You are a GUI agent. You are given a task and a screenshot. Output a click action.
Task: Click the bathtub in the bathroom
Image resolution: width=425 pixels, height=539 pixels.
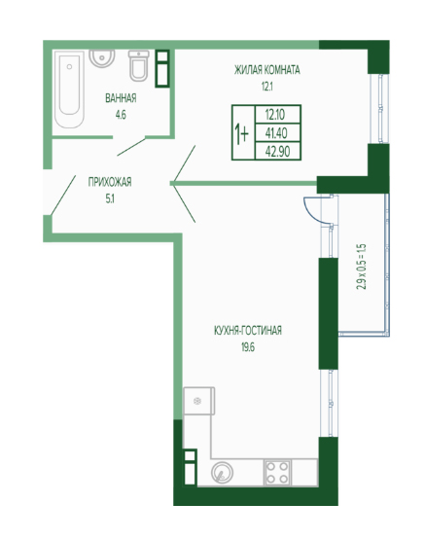point(69,90)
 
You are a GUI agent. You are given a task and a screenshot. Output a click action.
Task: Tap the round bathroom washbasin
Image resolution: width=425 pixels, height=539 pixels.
point(102,57)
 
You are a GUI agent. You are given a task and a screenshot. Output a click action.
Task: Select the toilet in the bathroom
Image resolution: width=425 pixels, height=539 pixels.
point(138,65)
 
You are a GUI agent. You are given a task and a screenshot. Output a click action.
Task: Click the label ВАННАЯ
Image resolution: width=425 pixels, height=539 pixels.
point(121,98)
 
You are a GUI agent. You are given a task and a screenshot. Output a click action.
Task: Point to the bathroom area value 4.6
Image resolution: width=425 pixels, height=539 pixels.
point(121,115)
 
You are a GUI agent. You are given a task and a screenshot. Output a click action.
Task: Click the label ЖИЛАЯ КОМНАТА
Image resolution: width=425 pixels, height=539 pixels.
point(266,70)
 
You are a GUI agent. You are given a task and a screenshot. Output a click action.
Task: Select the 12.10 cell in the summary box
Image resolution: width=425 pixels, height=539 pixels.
point(275,115)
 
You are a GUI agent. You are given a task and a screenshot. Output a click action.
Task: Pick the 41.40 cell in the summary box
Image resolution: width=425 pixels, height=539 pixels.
point(276,133)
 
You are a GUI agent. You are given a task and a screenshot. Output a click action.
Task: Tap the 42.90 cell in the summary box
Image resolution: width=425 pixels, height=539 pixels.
point(277,151)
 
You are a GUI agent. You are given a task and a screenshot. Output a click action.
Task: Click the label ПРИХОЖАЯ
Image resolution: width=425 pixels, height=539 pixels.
point(110,182)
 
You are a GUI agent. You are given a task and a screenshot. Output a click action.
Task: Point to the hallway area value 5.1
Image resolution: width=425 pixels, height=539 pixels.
point(110,198)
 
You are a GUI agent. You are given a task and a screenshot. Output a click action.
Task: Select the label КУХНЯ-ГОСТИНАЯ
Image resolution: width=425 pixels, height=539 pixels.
point(248,331)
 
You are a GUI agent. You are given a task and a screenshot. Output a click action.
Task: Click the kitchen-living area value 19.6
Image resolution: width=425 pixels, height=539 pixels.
point(248,347)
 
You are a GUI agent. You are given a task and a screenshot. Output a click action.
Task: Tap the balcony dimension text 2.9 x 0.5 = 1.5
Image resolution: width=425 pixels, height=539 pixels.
point(362,267)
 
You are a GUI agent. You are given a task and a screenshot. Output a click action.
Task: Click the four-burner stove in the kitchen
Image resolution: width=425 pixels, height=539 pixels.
point(277,473)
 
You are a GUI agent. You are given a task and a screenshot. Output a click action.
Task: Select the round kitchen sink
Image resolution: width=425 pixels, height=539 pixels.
point(222,473)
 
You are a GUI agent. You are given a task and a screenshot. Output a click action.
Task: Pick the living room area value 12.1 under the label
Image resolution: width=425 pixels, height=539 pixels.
point(266,87)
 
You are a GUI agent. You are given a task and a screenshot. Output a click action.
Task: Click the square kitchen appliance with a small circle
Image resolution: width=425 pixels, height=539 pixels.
point(199,401)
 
